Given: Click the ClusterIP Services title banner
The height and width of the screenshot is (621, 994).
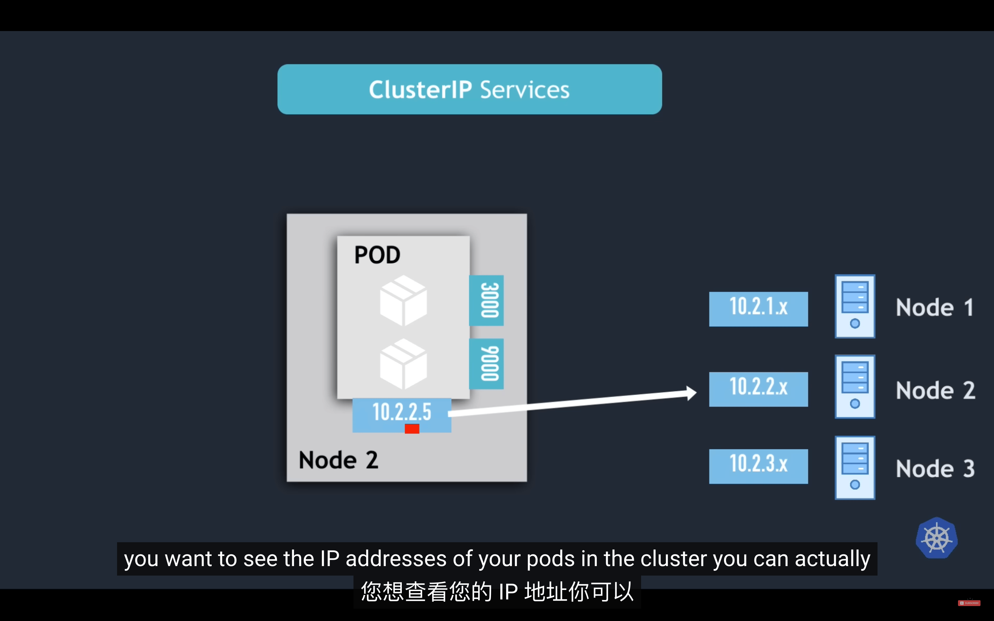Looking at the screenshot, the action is click(469, 89).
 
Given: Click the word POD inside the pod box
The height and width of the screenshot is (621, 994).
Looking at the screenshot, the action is click(377, 255).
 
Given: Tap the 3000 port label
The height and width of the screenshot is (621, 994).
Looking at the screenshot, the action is click(486, 300).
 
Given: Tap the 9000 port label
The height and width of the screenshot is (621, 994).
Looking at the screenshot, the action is click(486, 363).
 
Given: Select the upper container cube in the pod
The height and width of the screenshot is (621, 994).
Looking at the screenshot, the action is click(403, 301).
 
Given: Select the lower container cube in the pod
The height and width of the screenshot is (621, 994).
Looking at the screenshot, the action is click(403, 364).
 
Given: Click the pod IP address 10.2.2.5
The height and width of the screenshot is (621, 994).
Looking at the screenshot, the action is click(402, 412).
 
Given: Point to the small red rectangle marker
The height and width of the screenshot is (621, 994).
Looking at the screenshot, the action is click(412, 429).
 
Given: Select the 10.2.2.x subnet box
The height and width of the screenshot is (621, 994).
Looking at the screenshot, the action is click(758, 389).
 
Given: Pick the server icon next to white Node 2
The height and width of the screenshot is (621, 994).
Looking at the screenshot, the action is click(855, 386).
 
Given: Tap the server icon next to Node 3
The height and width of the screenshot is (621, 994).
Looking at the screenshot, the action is click(855, 467).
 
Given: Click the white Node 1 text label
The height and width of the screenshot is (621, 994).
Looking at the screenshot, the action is click(935, 307).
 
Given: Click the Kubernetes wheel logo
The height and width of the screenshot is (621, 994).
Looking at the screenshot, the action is click(937, 538).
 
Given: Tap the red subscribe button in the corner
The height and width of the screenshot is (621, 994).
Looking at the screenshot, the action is click(969, 603).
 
